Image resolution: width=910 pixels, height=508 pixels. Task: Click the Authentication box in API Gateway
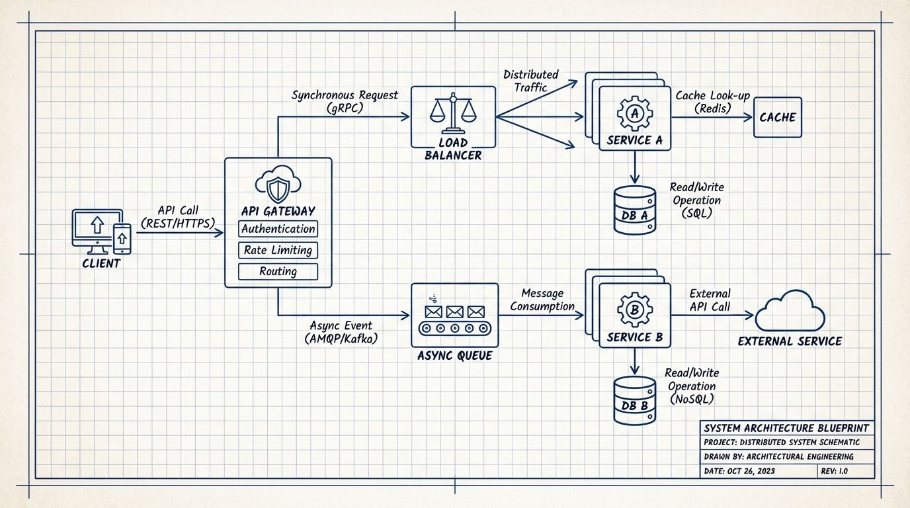click(x=278, y=230)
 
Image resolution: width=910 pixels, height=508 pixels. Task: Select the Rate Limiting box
click(x=278, y=251)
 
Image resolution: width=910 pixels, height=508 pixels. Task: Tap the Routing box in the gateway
click(x=278, y=271)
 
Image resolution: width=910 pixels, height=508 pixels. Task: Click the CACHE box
click(x=778, y=117)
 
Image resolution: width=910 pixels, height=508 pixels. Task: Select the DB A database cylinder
click(x=634, y=210)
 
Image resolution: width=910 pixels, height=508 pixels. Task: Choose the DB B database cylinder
click(x=634, y=401)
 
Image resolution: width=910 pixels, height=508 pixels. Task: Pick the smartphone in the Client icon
click(x=122, y=238)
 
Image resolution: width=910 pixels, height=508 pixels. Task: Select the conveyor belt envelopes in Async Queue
click(x=455, y=317)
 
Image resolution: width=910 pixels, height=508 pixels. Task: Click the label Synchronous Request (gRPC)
click(x=345, y=101)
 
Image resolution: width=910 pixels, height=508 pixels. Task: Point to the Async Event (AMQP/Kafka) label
click(x=341, y=332)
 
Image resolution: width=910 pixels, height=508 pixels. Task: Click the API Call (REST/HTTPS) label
click(x=179, y=216)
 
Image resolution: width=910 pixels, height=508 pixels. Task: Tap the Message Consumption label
click(x=542, y=300)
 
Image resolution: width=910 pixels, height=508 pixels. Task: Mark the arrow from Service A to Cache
click(x=713, y=118)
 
